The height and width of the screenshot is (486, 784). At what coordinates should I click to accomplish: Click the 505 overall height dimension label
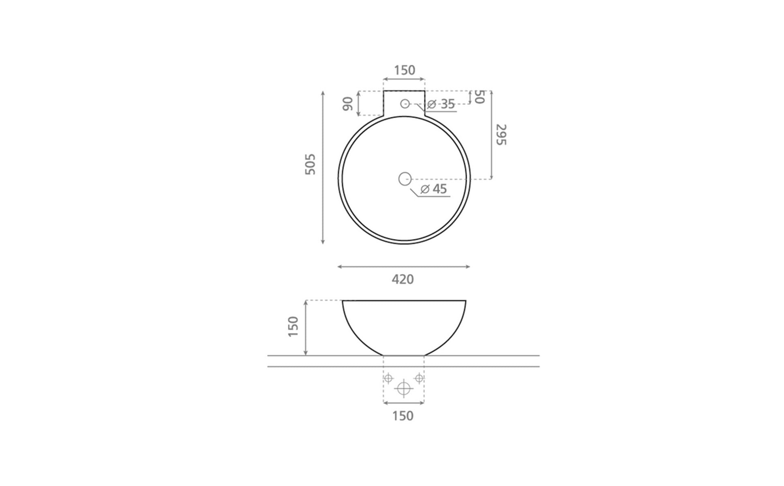[x=310, y=164]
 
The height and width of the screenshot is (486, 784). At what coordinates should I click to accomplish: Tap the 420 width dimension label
[x=403, y=279]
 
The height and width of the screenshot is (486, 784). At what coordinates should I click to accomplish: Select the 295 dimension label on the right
[x=501, y=135]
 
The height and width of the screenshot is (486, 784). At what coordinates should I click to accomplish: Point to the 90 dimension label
[x=348, y=104]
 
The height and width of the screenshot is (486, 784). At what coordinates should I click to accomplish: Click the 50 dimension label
[x=479, y=97]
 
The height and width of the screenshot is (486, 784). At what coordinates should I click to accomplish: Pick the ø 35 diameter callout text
[x=441, y=104]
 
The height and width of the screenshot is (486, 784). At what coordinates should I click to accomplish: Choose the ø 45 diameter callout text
[x=434, y=189]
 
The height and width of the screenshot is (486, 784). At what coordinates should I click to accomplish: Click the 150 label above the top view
[x=405, y=70]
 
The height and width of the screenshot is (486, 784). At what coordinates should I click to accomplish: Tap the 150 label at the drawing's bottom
[x=403, y=416]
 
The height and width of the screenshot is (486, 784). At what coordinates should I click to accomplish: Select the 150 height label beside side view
[x=293, y=326]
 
